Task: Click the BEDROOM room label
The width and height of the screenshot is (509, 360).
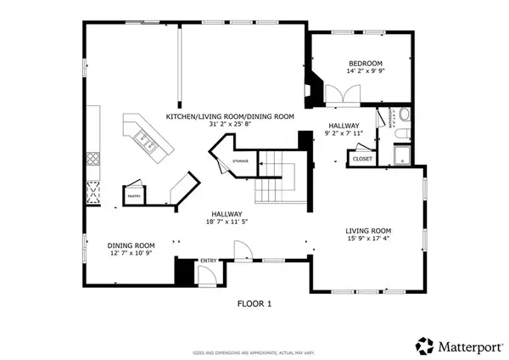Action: (366, 64)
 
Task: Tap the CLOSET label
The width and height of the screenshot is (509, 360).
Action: (362, 158)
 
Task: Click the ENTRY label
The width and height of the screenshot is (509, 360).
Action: (208, 262)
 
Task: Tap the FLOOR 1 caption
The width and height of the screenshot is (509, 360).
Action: (254, 301)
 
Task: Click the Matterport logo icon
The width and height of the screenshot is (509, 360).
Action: (422, 345)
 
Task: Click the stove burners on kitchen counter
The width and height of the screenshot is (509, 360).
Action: (92, 159)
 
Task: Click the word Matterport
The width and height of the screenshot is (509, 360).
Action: (465, 346)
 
